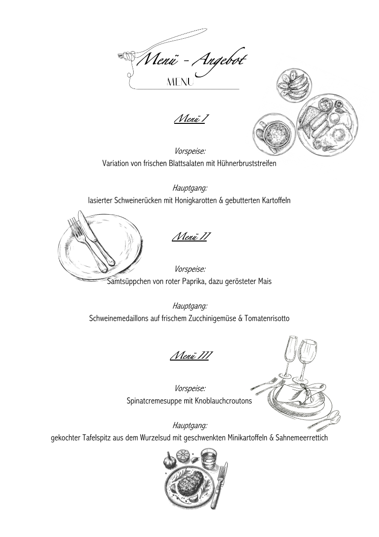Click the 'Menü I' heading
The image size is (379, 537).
[189, 119]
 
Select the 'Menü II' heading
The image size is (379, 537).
[189, 237]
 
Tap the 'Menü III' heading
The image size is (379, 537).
[189, 356]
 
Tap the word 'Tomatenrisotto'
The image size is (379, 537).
[266, 318]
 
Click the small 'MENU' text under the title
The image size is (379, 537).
[180, 82]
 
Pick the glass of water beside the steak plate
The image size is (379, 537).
[209, 460]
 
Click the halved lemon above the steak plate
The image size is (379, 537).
[184, 456]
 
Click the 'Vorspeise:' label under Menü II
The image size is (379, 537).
[189, 269]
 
